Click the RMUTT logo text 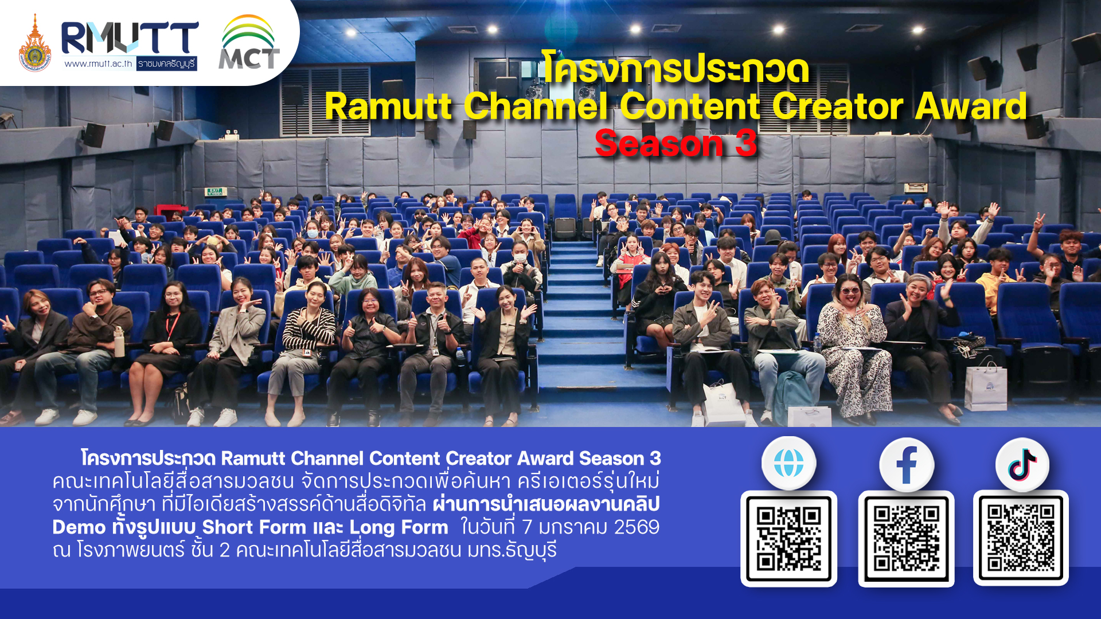coord(130,38)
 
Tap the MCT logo coord(249,42)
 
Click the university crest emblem coord(35,44)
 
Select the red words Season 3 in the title coord(676,143)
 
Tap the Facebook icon coord(907,465)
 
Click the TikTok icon coord(1022,465)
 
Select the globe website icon coord(788,463)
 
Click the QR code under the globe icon coord(788,538)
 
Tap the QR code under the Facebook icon coord(906,538)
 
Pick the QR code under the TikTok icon coord(1021,538)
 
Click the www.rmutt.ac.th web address coord(98,64)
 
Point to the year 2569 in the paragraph coord(637,527)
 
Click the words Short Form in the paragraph coord(254,527)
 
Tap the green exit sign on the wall coord(216,192)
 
